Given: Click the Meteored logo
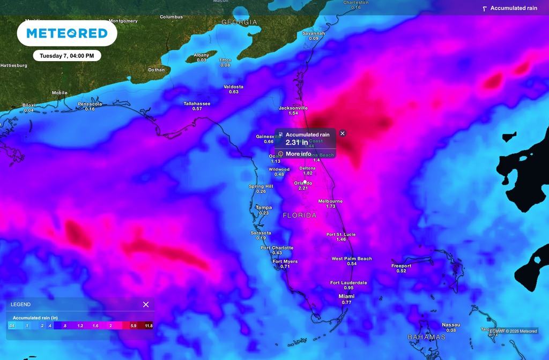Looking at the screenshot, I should point(67,33).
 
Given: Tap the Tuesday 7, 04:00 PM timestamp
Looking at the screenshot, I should point(67,56).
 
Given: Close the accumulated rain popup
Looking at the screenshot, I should point(343,133).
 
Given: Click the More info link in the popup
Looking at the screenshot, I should point(298,154).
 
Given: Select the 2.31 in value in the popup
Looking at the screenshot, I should point(296,142).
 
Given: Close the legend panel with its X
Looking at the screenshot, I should point(146,304).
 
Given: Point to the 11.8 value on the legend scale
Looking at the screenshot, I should point(149,326).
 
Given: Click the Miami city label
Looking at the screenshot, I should point(346,296).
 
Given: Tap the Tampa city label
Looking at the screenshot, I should point(264,207).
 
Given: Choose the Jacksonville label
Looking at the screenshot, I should point(293,108).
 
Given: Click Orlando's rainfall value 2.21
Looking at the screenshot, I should point(303,188).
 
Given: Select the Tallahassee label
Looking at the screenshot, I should point(197,103).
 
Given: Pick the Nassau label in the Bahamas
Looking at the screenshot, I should point(451,325).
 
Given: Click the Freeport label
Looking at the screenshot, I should point(401,266).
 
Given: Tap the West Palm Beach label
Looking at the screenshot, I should point(352,259).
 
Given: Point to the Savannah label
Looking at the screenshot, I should point(314,33).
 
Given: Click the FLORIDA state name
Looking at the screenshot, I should point(300,215).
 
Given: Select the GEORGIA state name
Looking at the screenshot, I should point(240,22).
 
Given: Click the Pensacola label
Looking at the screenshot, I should point(90,104).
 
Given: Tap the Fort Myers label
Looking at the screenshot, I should point(285,261).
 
